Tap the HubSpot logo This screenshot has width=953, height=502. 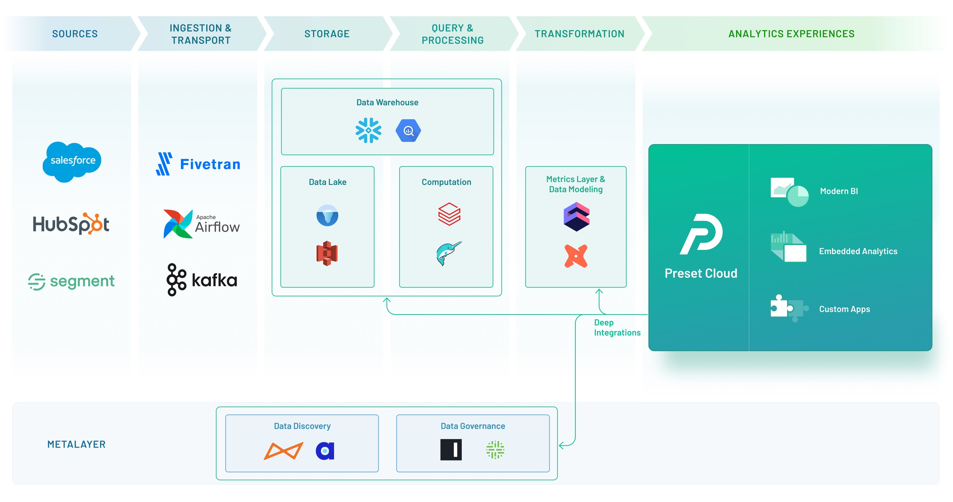pos(71,224)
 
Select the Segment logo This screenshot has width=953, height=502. pos(71,281)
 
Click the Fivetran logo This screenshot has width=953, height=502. pos(198,164)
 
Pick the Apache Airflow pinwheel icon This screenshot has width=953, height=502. pos(178,224)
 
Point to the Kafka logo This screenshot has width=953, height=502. pos(202,280)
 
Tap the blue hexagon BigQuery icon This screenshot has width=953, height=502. pos(408,131)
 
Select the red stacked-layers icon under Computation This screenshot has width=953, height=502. pos(449,214)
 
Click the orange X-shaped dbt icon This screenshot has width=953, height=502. pos(576,256)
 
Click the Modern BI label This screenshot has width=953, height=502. pos(839,191)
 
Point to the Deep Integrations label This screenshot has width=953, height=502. pos(617,328)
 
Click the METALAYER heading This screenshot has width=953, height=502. pos(76,444)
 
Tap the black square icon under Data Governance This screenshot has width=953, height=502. pos(451,450)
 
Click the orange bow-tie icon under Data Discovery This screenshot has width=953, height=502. pos(283,451)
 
